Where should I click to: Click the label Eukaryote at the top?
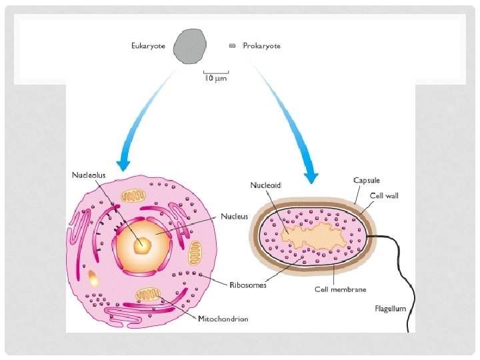tap(147, 46)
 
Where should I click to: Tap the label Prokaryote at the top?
tap(261, 46)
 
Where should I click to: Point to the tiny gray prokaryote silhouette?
tap(233, 45)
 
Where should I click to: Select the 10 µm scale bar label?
tap(216, 78)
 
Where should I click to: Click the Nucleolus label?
tap(89, 175)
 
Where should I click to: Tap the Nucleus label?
tap(234, 216)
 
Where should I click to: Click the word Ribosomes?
tap(247, 285)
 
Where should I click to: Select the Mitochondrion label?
tap(223, 319)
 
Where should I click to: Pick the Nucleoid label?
tap(266, 185)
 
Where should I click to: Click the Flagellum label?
tap(389, 308)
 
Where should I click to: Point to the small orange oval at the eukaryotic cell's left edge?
tap(93, 279)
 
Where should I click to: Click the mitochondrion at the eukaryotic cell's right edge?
tap(194, 253)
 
